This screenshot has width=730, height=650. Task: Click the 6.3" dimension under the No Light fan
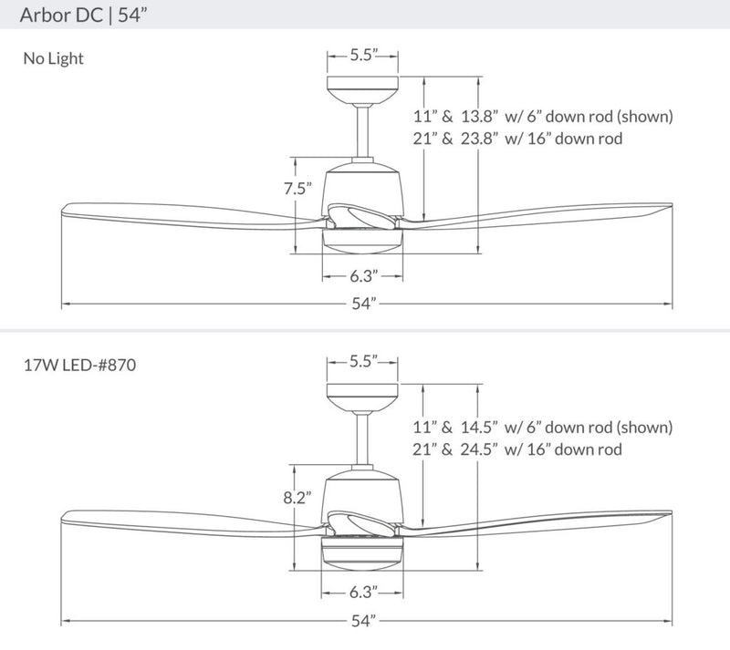[x=363, y=274]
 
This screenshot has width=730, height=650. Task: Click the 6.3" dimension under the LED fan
[x=363, y=593]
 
